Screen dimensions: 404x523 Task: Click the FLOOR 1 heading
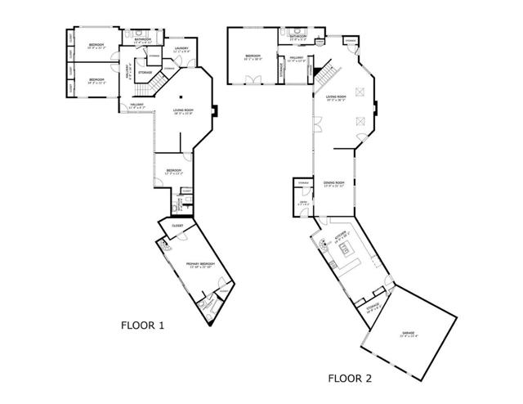(x=143, y=325)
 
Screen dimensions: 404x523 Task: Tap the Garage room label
(x=408, y=334)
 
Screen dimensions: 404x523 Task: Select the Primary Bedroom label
(x=199, y=265)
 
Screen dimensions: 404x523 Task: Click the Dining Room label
(x=333, y=184)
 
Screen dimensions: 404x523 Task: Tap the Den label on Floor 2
(x=302, y=201)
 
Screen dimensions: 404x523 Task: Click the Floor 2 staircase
(x=324, y=75)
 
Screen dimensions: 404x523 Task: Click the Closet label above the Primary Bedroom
(x=178, y=226)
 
